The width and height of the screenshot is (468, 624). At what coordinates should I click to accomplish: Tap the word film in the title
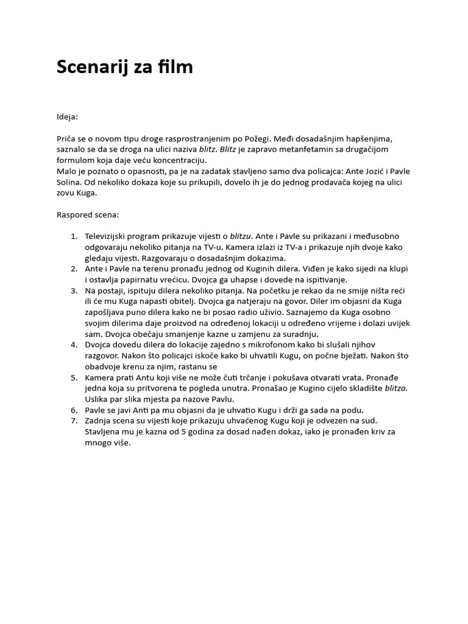coord(177,67)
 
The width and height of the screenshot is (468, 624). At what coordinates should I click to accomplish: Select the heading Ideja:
coord(68,116)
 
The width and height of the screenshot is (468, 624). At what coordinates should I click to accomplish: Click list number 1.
coord(73,236)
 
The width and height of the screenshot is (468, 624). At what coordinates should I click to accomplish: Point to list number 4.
coord(73,344)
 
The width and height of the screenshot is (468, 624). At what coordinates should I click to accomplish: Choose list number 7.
coord(73,421)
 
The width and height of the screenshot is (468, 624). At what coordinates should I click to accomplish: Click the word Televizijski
coord(110,236)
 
